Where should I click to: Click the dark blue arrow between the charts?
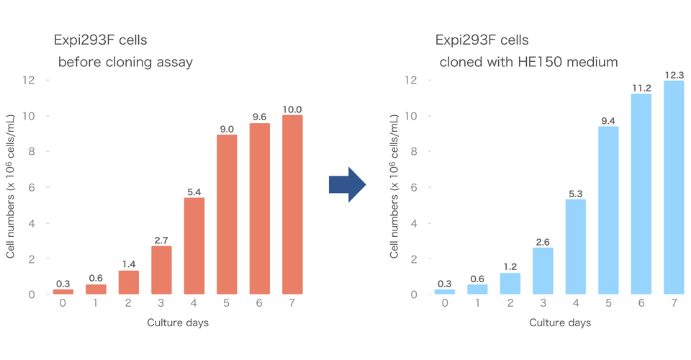pyautogui.click(x=347, y=185)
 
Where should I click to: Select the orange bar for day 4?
pyautogui.click(x=194, y=246)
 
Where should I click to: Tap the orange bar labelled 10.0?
pyautogui.click(x=292, y=204)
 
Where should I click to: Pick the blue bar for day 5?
pyautogui.click(x=609, y=210)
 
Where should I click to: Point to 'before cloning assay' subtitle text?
pyautogui.click(x=125, y=63)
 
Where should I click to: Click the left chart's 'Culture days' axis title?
pyautogui.click(x=178, y=323)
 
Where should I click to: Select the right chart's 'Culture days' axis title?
pyautogui.click(x=560, y=323)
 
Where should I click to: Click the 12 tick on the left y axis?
pyautogui.click(x=29, y=80)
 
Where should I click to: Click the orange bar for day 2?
pyautogui.click(x=129, y=282)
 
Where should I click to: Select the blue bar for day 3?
pyautogui.click(x=543, y=271)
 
